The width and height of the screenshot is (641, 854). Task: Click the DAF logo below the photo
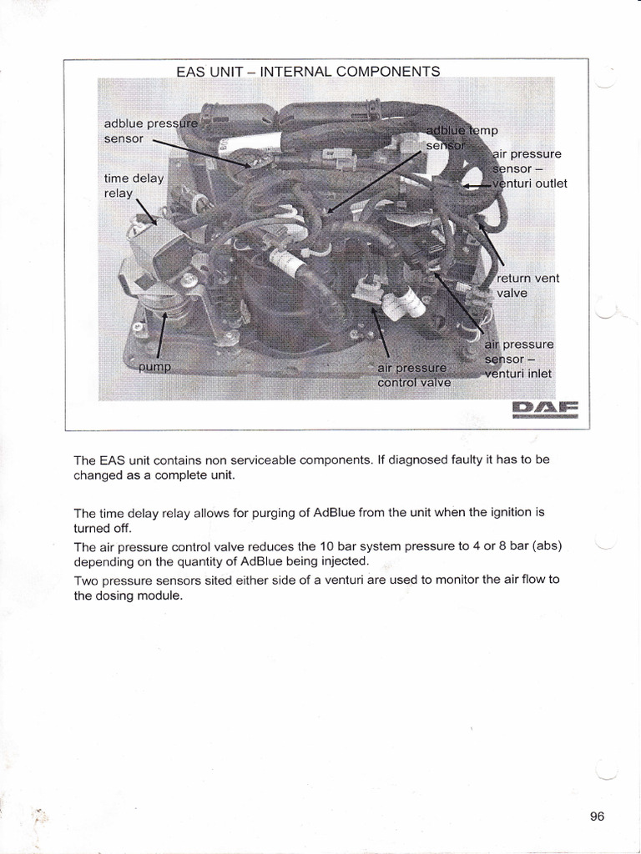(543, 409)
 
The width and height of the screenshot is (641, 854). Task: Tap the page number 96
(597, 816)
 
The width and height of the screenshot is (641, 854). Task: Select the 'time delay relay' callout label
(134, 186)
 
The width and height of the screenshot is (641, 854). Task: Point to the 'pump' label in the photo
(154, 367)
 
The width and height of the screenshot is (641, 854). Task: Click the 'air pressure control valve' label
(413, 375)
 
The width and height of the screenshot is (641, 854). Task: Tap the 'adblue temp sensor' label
(461, 138)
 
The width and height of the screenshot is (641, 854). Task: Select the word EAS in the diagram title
(191, 72)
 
